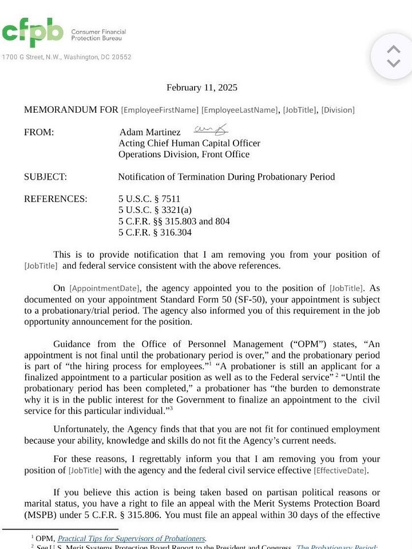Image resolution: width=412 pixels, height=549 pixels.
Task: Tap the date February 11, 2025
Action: (201, 87)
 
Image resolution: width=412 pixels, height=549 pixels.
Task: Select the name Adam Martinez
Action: (150, 133)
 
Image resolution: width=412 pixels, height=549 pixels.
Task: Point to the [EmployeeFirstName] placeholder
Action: (160, 110)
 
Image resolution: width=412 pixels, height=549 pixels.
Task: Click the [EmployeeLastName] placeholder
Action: (240, 110)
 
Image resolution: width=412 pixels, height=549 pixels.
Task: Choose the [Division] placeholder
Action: (338, 110)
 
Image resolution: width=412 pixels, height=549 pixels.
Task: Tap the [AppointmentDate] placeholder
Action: (105, 289)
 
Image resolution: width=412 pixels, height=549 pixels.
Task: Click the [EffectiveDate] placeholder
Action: (340, 471)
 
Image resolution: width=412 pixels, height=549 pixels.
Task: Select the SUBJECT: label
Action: (45, 177)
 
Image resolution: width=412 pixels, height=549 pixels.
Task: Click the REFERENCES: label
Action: (56, 199)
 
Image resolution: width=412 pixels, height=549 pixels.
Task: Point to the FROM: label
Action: (39, 133)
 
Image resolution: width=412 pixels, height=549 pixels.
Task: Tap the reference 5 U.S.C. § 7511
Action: (149, 199)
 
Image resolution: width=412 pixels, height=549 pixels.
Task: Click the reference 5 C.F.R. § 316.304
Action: (155, 233)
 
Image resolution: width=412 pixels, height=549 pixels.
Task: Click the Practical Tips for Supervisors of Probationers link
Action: (131, 538)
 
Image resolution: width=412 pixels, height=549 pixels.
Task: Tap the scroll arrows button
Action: (393, 56)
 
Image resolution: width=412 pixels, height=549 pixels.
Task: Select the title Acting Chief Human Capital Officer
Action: (189, 144)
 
